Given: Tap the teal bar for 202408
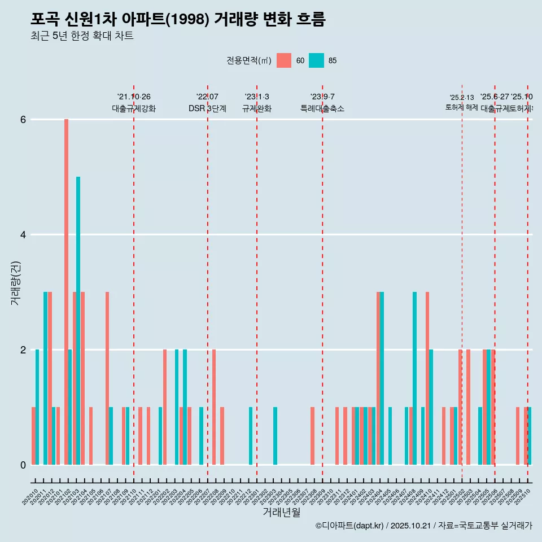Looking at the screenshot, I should click(415, 378).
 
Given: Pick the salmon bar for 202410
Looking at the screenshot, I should click(427, 378).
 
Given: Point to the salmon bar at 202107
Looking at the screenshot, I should click(107, 378).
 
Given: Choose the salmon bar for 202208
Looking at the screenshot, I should click(214, 407).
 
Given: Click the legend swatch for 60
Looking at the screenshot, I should click(284, 60).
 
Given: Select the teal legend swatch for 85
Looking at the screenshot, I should click(317, 60).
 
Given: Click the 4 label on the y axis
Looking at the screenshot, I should click(23, 235).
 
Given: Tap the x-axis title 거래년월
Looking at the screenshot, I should click(281, 512).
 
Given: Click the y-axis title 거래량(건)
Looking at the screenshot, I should click(15, 282).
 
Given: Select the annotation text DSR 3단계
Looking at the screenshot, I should click(207, 108).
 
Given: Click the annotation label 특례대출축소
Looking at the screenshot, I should click(322, 108).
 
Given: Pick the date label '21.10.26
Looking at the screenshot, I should click(134, 97).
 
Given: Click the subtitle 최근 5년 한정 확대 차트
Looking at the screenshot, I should click(82, 36).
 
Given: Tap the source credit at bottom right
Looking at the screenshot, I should click(423, 526).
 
